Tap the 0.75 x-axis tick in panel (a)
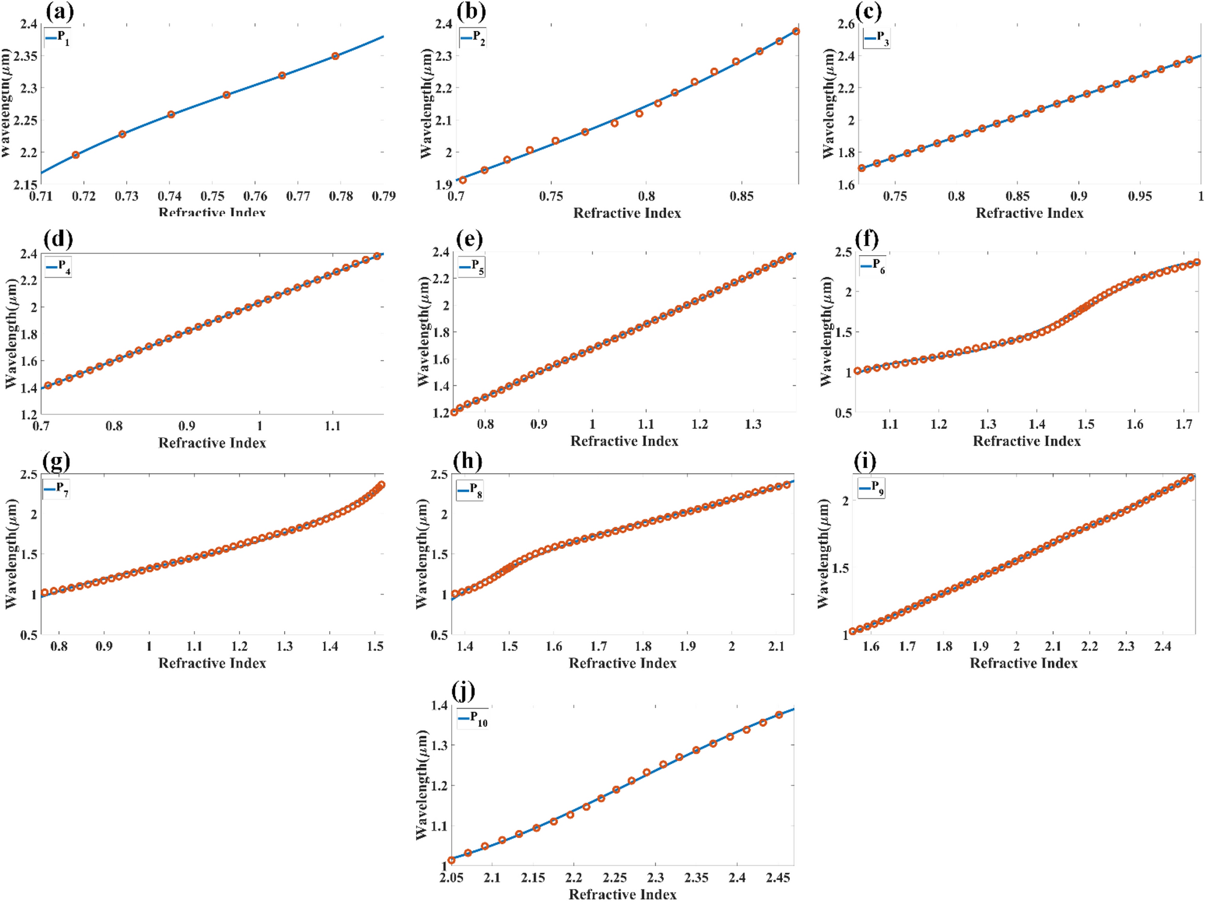(212, 196)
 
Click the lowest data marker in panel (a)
(76, 155)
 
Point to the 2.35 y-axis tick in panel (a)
(25, 56)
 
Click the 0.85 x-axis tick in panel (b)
(741, 196)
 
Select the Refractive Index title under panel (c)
(1029, 213)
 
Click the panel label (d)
(58, 238)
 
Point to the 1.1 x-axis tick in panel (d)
(332, 426)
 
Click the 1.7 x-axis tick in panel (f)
(1183, 425)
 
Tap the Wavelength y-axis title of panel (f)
(827, 331)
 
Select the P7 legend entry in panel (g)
(57, 489)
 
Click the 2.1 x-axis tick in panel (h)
(776, 647)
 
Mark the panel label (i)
(864, 461)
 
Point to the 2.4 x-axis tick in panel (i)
(1162, 647)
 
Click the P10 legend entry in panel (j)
(473, 718)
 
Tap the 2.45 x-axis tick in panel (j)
(778, 878)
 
